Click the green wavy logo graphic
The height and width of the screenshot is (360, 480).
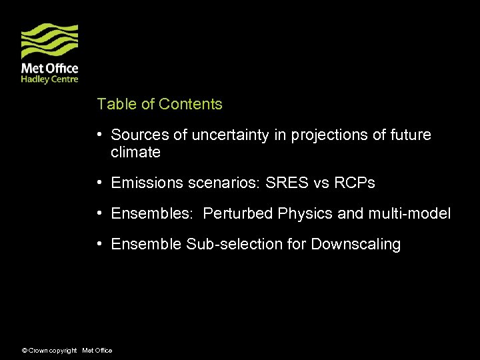[x=49, y=41]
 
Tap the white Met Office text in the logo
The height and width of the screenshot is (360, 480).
[x=49, y=68]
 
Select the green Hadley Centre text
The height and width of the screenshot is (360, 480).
[x=49, y=79]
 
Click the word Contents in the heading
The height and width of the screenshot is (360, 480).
[x=191, y=104]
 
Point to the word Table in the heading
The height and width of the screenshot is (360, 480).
[x=116, y=104]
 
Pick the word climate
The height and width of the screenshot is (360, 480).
[x=135, y=153]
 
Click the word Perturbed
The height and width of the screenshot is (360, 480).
[x=238, y=214]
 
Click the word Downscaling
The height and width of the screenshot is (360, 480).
[x=355, y=245]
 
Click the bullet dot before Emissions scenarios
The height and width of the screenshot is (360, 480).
[x=99, y=182]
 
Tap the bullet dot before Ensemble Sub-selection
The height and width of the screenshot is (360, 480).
[x=99, y=244]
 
